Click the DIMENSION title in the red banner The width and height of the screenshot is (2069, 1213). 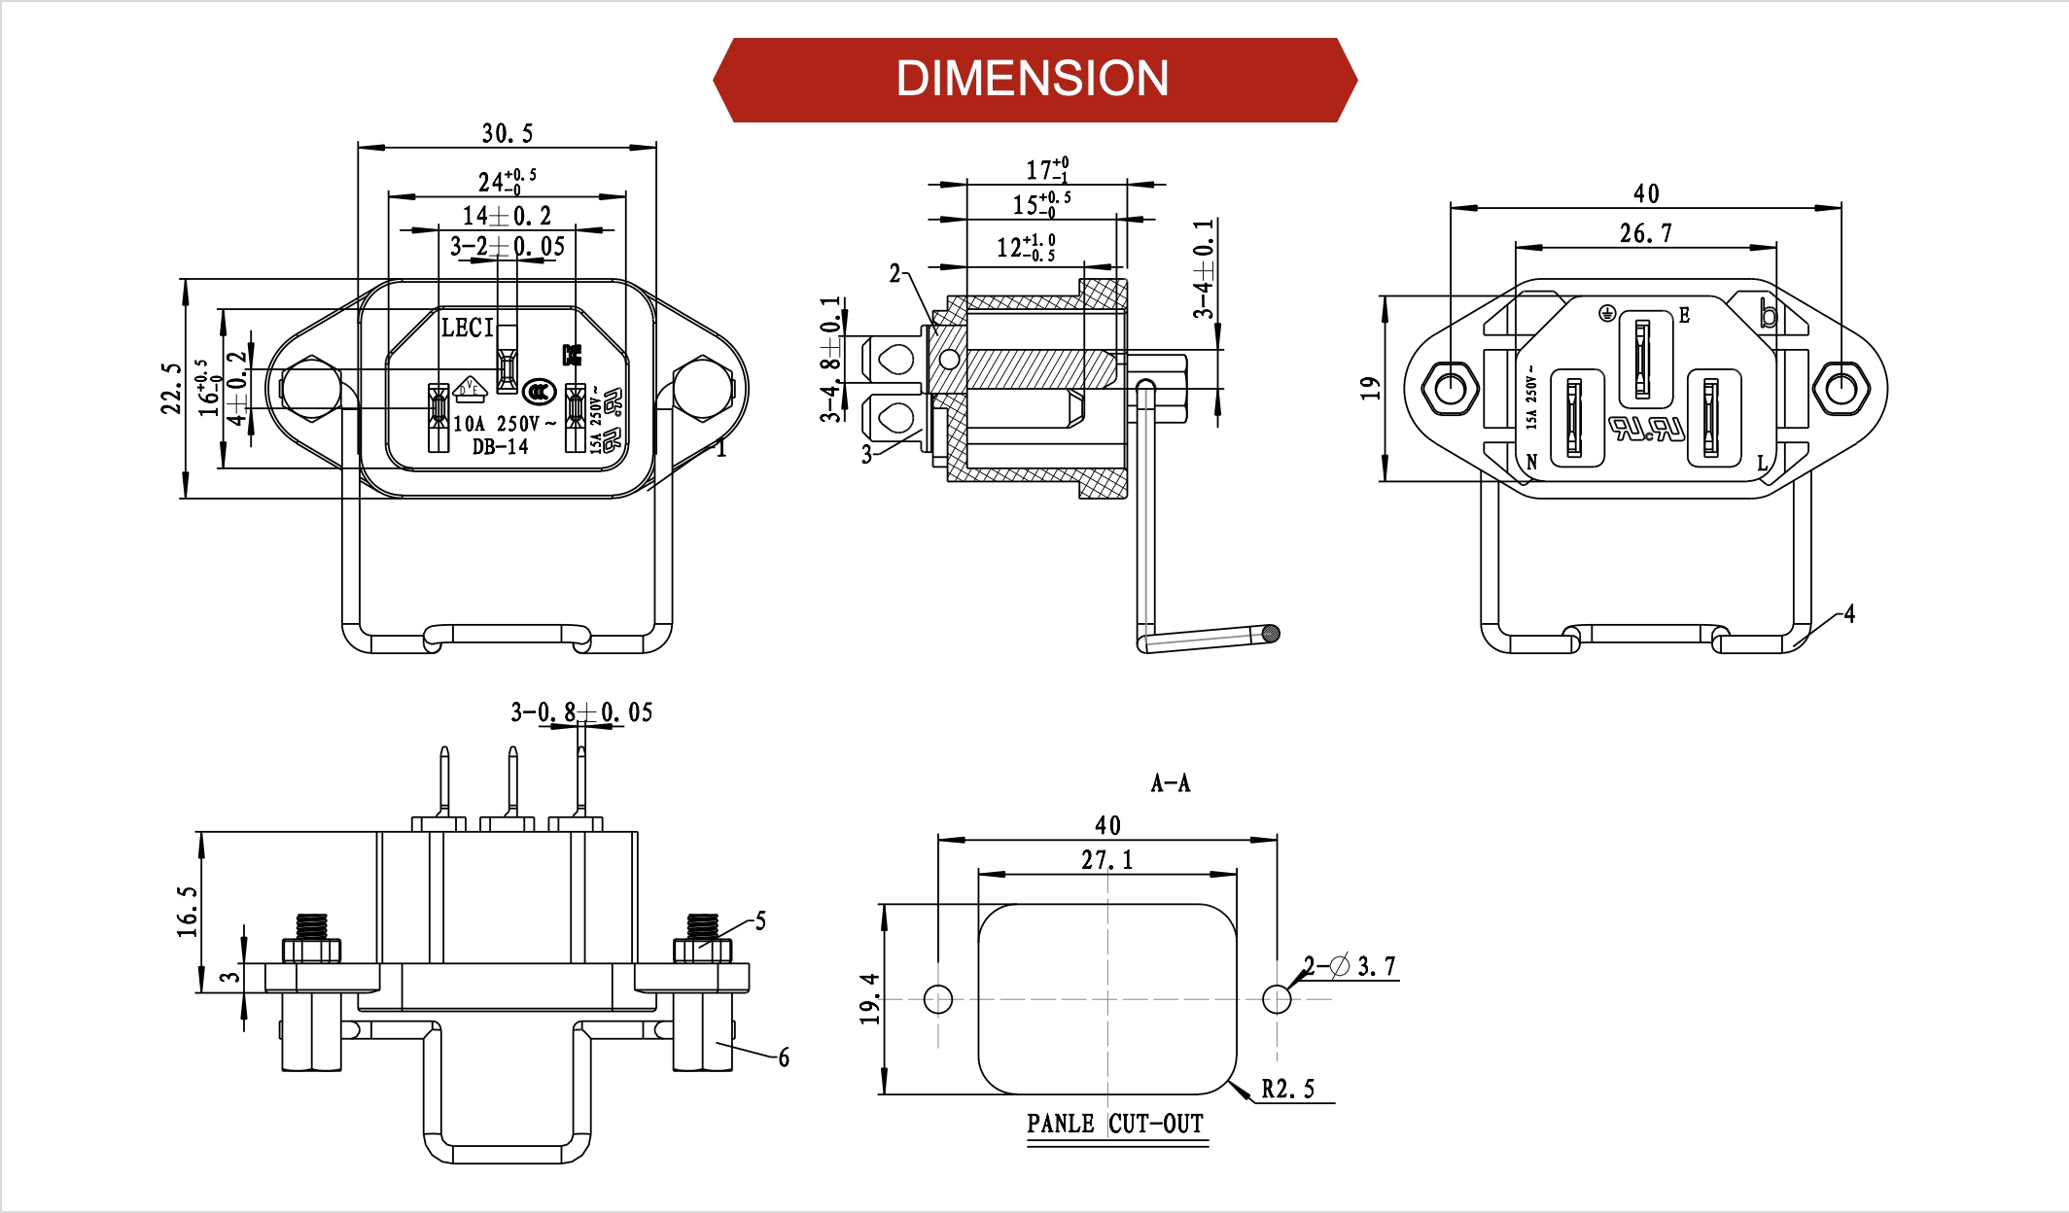click(1033, 79)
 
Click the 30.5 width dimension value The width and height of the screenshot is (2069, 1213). click(507, 133)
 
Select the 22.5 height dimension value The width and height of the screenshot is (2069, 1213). click(171, 388)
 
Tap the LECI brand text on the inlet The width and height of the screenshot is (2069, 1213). click(468, 328)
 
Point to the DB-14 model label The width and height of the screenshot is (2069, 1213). click(500, 447)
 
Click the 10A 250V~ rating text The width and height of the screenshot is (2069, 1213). click(505, 424)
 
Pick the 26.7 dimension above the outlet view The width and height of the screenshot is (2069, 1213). click(1645, 233)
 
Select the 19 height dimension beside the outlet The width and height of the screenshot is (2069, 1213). click(1370, 388)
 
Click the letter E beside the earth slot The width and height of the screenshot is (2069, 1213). click(1684, 315)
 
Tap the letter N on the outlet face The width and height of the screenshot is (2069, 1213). click(1531, 462)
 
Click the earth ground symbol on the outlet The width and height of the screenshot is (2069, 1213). click(1607, 313)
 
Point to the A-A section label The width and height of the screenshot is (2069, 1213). click(1170, 783)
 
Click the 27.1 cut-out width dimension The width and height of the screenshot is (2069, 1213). click(1106, 860)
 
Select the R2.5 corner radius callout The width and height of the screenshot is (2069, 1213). click(1287, 1090)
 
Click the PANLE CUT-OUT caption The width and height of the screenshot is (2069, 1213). click(1115, 1124)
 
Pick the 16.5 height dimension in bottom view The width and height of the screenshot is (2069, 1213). click(187, 911)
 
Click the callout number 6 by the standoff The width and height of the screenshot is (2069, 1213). click(784, 1057)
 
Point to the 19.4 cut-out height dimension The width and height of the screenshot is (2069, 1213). click(869, 998)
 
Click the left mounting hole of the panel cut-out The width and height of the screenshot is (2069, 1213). click(938, 999)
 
